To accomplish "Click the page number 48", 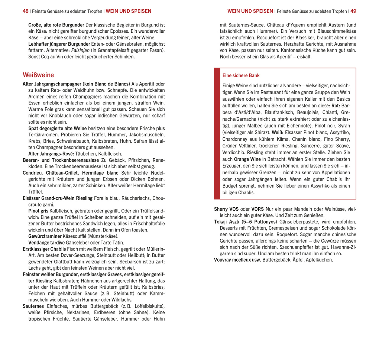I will (x=25, y=11).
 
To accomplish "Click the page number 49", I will (x=353, y=11).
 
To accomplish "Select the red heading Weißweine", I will (x=38, y=75).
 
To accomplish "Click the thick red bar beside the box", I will (x=217, y=133).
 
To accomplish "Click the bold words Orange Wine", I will (x=247, y=159).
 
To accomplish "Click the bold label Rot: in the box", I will (x=336, y=106).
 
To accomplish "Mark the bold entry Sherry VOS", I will (x=226, y=209).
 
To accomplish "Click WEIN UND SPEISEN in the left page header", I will (x=129, y=11).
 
